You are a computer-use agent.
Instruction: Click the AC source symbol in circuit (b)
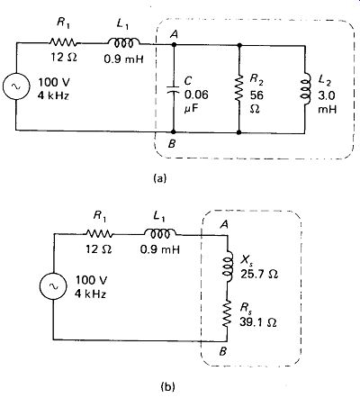pos(54,286)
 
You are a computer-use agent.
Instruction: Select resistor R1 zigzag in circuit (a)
pos(63,42)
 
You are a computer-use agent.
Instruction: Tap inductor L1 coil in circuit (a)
pos(123,42)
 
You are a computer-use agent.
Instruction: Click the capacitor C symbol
pos(173,89)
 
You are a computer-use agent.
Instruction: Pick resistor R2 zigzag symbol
pos(239,88)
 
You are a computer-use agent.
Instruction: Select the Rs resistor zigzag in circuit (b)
pos(228,314)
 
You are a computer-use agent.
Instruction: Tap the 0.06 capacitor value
pos(196,95)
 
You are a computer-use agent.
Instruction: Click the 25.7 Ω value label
pos(259,274)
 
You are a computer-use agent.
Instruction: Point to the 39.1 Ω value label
pos(258,322)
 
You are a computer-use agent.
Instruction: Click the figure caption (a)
pos(159,178)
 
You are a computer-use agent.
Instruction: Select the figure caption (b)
pos(167,386)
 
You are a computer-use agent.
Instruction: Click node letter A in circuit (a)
pos(174,35)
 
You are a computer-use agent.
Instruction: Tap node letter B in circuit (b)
pos(222,351)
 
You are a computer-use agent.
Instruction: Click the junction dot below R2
pos(239,132)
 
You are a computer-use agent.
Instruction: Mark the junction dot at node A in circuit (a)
pos(174,45)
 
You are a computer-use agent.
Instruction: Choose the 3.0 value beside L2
pos(327,95)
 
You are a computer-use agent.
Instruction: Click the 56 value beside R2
pos(256,95)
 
